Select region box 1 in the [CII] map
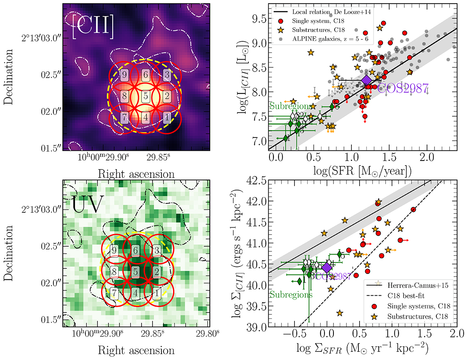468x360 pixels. tap(167, 116)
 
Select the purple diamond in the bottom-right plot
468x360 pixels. tap(326, 267)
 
